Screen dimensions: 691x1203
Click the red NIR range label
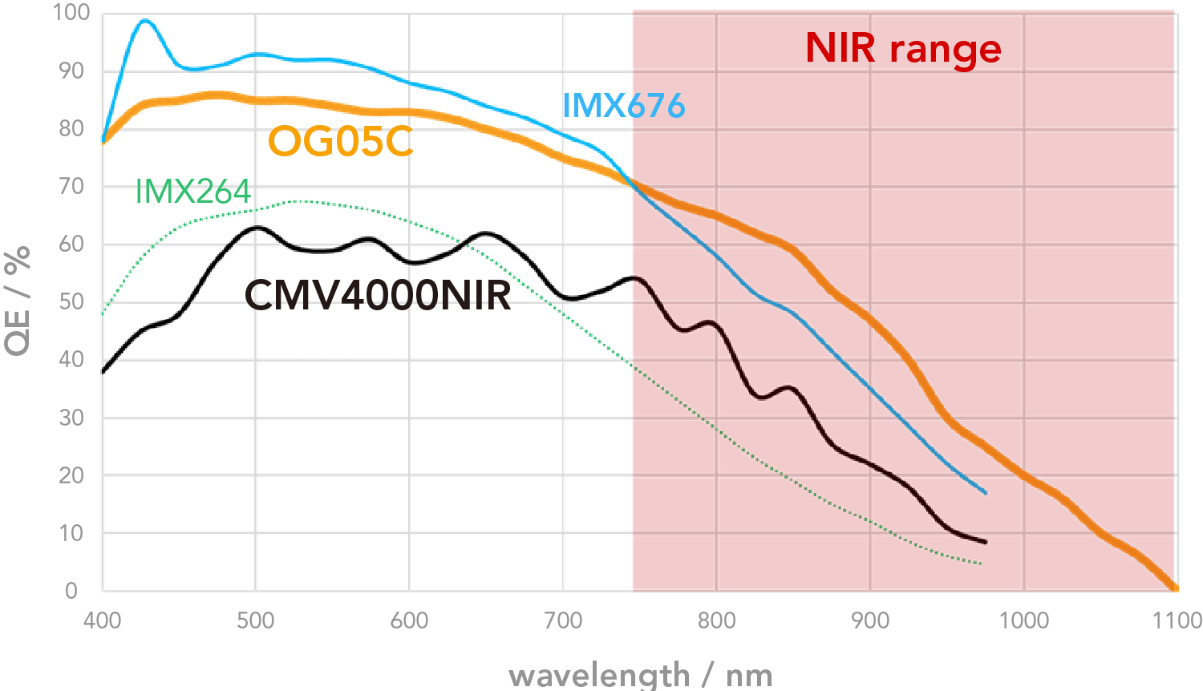coord(903,49)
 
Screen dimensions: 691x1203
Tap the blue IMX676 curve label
coord(623,106)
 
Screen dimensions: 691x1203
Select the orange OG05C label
coord(340,142)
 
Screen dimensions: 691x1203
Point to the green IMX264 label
coord(192,192)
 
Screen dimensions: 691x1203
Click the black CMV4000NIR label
coord(377,295)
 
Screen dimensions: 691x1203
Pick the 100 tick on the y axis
coord(71,13)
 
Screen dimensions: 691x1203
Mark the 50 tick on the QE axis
coord(71,301)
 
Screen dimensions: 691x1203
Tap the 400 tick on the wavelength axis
coord(102,620)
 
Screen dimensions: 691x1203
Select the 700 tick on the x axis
coord(562,620)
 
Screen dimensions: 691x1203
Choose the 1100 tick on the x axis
coord(1177,620)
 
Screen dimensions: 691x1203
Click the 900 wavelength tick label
coord(869,620)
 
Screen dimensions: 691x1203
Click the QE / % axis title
coord(18,300)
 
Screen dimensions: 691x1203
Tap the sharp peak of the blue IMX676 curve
coord(144,21)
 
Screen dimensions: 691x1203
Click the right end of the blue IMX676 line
coord(985,492)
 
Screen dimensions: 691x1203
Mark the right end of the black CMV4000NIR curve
coord(985,542)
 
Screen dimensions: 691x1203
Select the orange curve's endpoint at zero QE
coord(1175,588)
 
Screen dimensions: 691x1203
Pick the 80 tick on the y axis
coord(71,128)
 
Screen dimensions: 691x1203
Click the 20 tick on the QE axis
coord(71,475)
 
